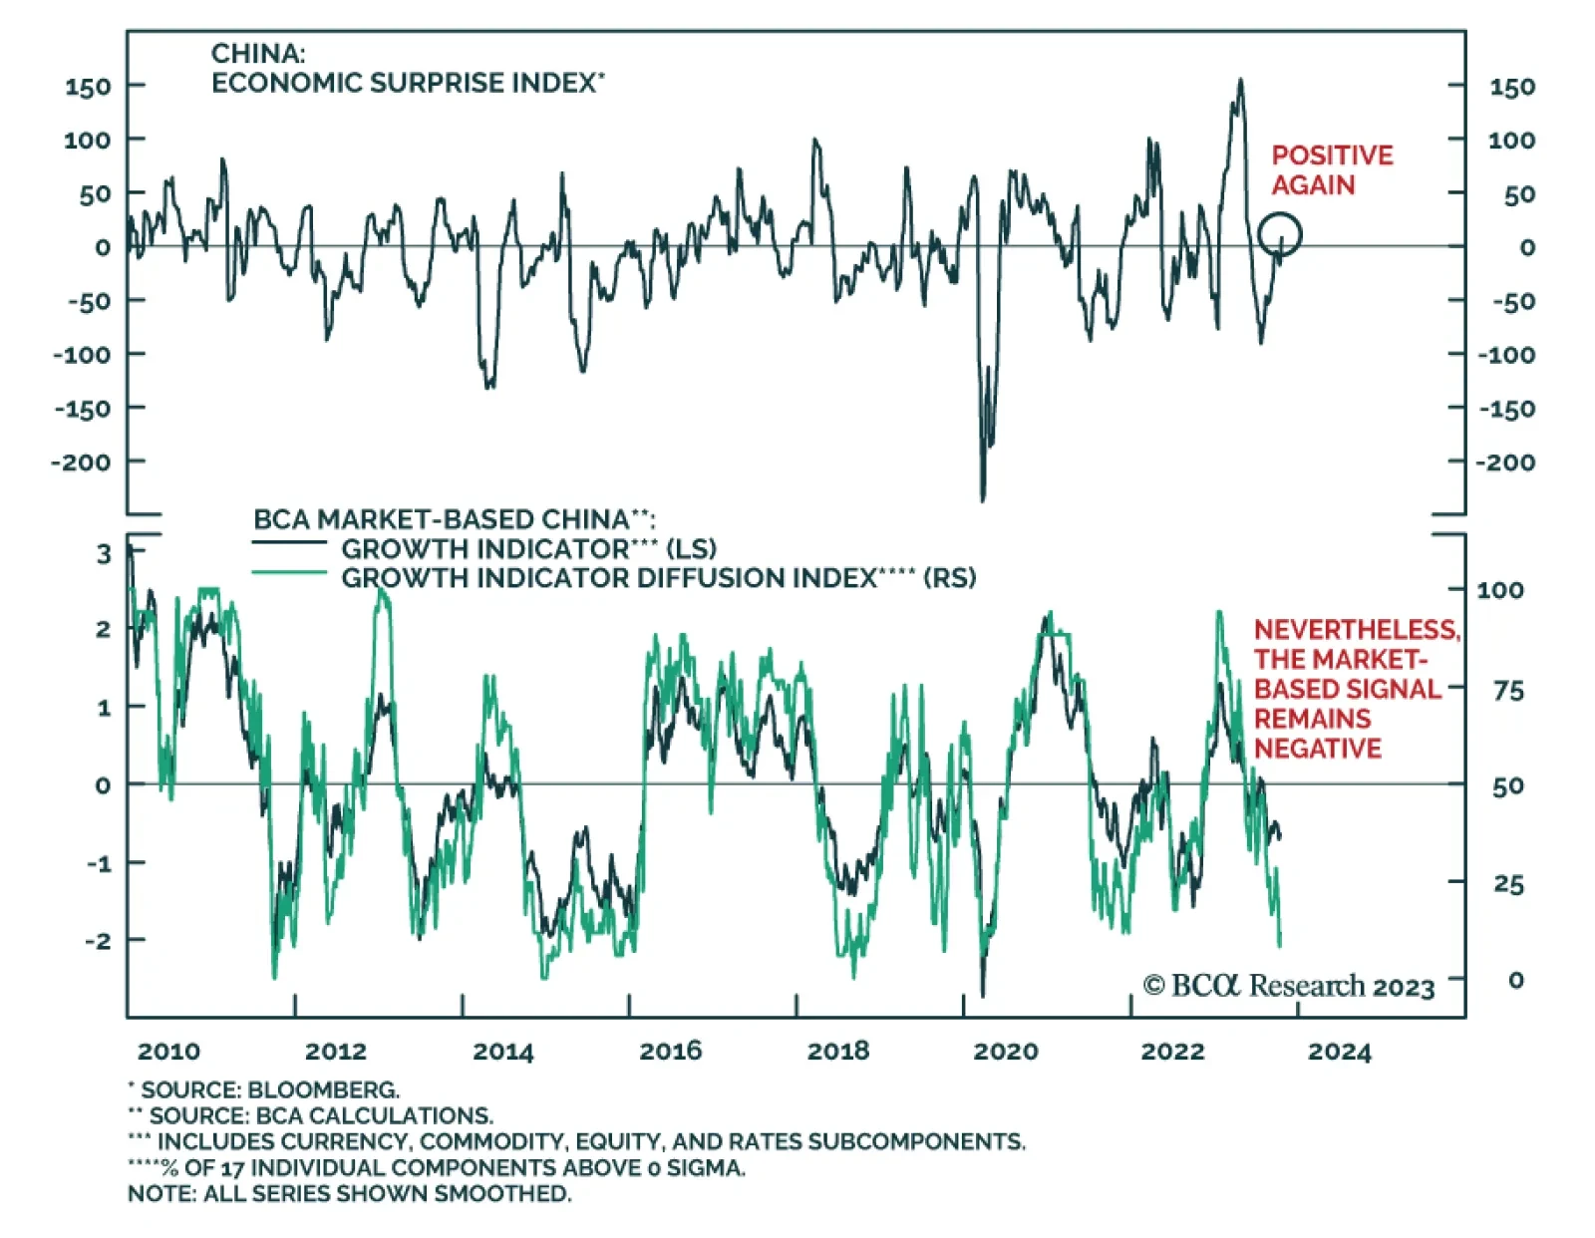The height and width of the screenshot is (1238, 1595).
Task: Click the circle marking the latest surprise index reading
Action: (x=1279, y=235)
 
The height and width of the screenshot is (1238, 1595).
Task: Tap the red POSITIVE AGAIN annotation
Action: (x=1331, y=169)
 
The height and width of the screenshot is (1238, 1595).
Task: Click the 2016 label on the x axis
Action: (x=670, y=1051)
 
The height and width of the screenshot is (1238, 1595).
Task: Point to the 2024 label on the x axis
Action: (x=1339, y=1052)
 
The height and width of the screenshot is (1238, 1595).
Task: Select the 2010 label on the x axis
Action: (x=168, y=1052)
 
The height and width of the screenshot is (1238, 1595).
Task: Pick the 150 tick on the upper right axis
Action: (x=1511, y=87)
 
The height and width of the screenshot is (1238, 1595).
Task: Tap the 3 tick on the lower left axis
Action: (x=104, y=553)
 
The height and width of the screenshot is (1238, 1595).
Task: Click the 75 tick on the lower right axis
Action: (x=1508, y=691)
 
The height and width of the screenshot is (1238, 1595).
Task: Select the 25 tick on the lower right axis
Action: (x=1508, y=884)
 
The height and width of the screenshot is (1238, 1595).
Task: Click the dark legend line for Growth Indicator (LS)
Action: (x=289, y=543)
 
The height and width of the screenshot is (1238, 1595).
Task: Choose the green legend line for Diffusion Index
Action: (x=289, y=573)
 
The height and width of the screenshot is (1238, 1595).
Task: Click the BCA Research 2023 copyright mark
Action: (x=1288, y=986)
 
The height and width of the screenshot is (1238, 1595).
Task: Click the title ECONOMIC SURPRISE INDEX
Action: (x=404, y=83)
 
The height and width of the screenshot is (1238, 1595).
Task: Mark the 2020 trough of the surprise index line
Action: (x=983, y=498)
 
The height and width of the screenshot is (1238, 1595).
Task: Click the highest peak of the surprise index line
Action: (x=1240, y=81)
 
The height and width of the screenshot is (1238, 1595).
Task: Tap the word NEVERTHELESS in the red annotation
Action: (x=1356, y=630)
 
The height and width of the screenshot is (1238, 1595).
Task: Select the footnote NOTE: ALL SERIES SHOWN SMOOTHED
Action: (x=349, y=1193)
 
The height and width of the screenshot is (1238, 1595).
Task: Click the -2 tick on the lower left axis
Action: (x=99, y=940)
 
